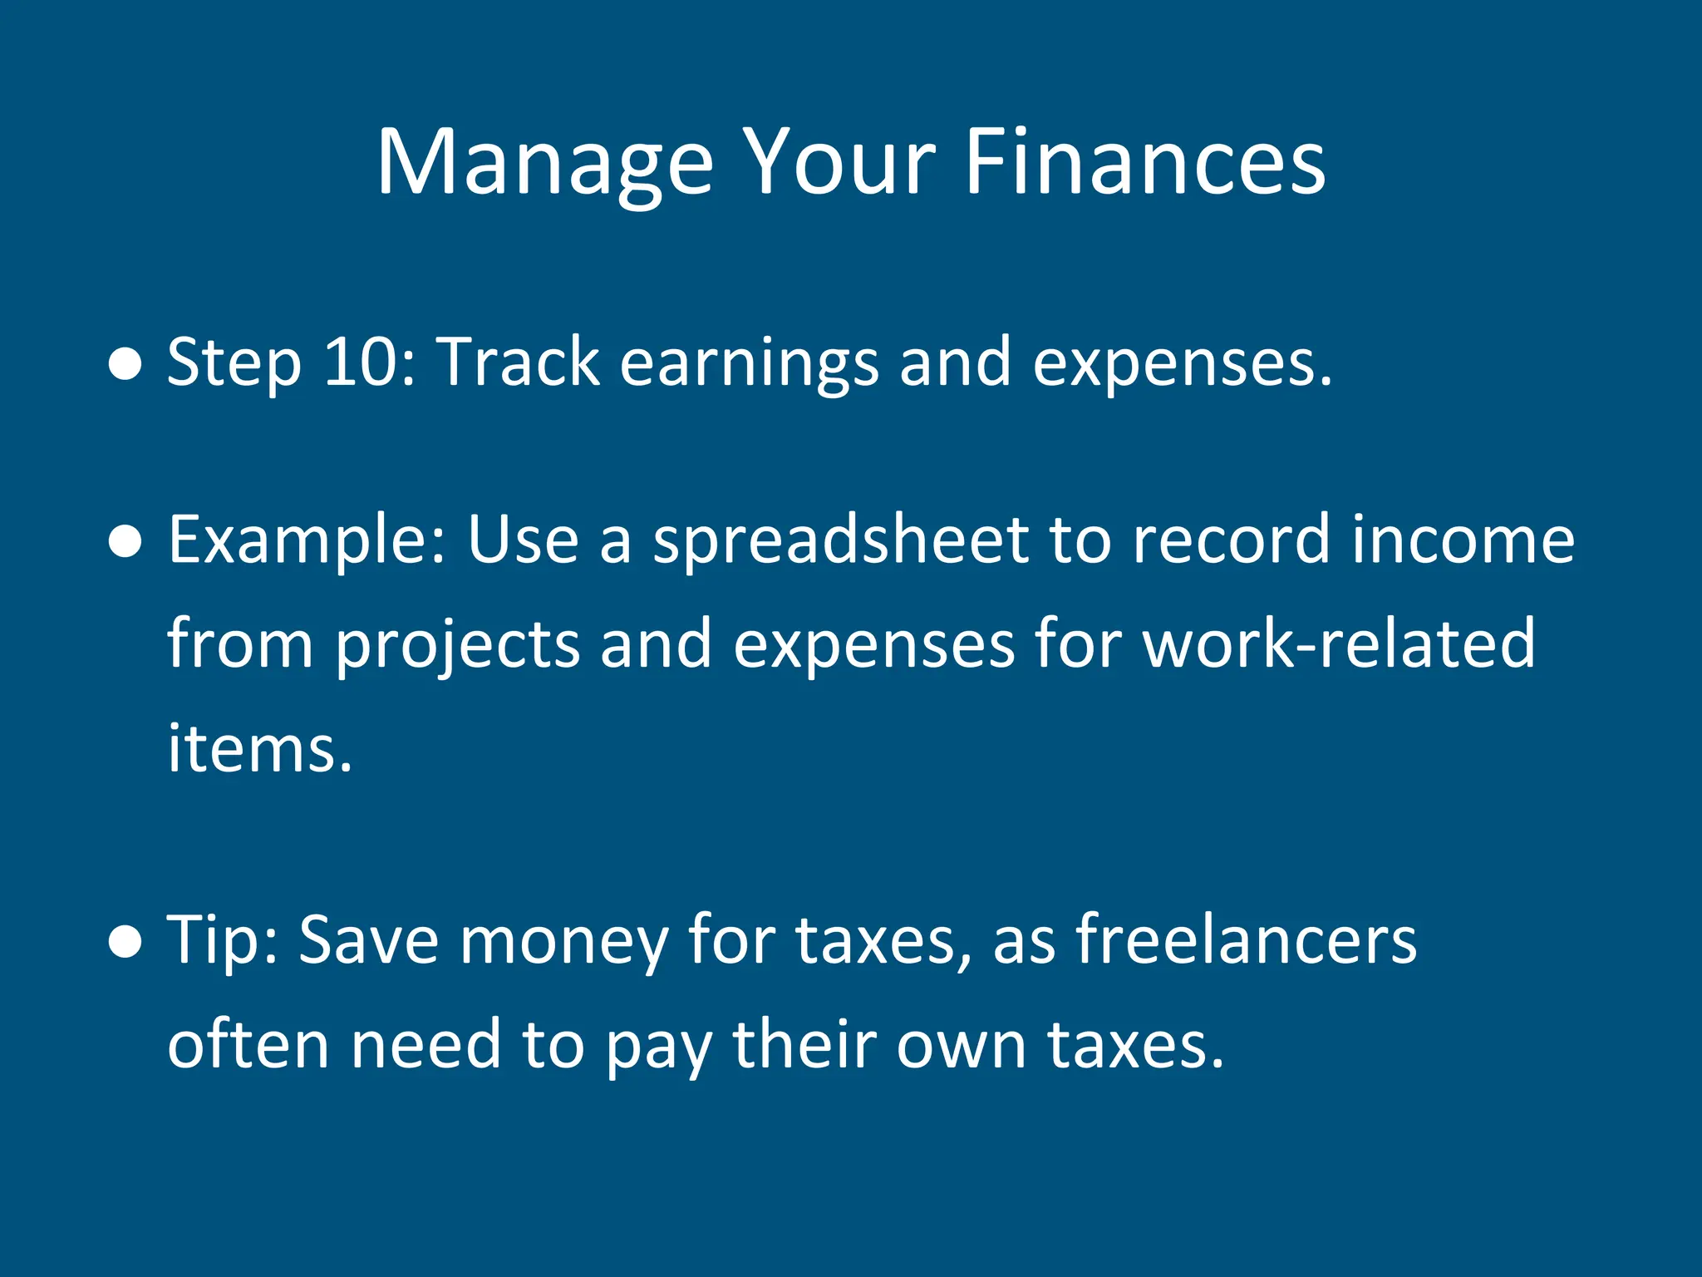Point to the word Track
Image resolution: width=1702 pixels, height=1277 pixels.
pos(518,362)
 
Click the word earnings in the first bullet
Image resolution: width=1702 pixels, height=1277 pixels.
pos(749,364)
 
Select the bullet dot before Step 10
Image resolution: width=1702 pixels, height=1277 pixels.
pos(125,364)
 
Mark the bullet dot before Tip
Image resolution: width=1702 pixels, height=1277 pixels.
pos(125,942)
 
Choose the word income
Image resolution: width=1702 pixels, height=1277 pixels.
pos(1463,540)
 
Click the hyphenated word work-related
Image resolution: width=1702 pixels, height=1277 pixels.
pos(1339,644)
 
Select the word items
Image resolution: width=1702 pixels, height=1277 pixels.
pos(259,748)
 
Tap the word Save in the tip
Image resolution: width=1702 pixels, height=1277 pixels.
pos(368,940)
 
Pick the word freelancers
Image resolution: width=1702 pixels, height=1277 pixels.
pos(1246,940)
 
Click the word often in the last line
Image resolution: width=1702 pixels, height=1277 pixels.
pos(248,1044)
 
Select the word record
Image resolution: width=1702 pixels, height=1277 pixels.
pos(1231,540)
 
